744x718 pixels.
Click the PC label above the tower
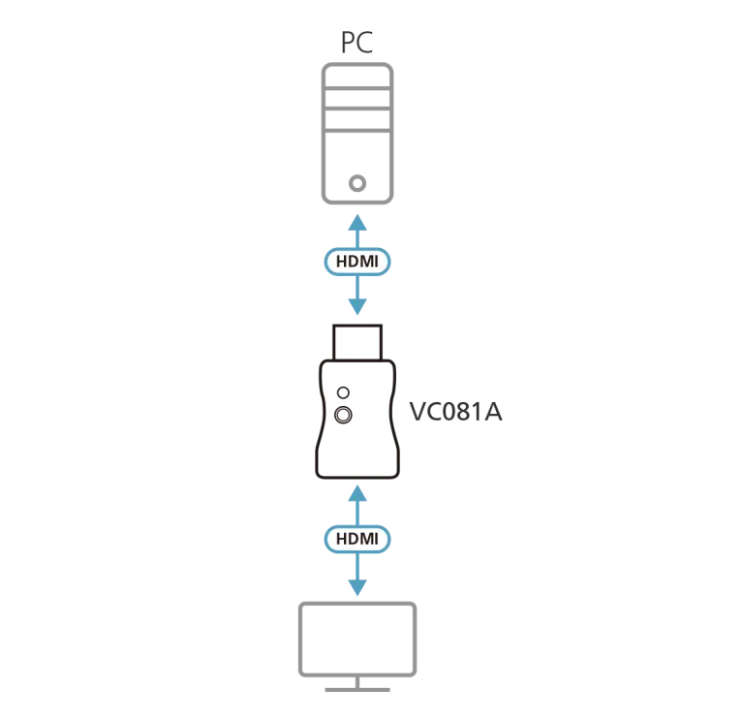click(x=356, y=43)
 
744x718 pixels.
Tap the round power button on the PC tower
click(x=357, y=182)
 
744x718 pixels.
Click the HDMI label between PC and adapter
click(x=357, y=262)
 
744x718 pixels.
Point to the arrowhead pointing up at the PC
click(x=357, y=222)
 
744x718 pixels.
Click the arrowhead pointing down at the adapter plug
click(x=357, y=306)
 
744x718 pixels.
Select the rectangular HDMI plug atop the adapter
click(x=357, y=341)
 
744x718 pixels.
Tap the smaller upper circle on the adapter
click(x=342, y=393)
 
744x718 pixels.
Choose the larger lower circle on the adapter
click(x=342, y=416)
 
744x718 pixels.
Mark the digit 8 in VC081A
click(x=463, y=413)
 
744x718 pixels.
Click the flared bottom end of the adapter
click(x=357, y=466)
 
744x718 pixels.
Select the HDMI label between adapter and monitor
click(x=357, y=538)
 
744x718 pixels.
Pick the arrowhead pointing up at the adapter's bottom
click(x=357, y=495)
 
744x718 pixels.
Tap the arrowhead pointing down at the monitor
click(x=357, y=587)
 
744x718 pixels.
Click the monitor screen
click(x=357, y=639)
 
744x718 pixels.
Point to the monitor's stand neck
click(x=357, y=682)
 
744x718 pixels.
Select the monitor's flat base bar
click(x=357, y=691)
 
